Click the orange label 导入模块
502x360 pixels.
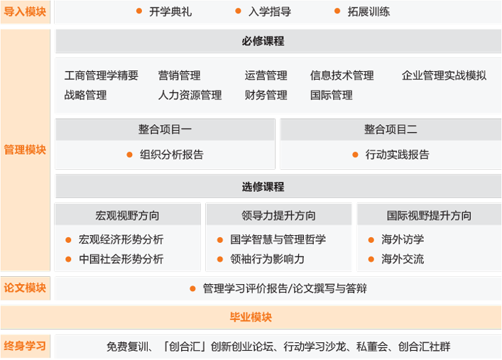click(x=25, y=12)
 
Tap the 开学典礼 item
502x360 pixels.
click(x=170, y=12)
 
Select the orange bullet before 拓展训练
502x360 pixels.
click(x=337, y=11)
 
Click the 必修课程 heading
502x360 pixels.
click(x=263, y=41)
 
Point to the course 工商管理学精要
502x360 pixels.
click(x=101, y=75)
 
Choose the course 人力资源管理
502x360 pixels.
click(x=190, y=95)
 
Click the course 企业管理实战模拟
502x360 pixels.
click(x=444, y=75)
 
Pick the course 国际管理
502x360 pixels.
click(x=332, y=95)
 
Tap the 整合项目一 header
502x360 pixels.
click(x=165, y=129)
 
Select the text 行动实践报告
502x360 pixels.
click(x=398, y=155)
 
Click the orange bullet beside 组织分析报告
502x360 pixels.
click(x=130, y=155)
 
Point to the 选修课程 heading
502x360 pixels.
click(x=263, y=187)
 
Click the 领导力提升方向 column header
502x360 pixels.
click(x=278, y=216)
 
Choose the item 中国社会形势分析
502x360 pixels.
click(x=121, y=259)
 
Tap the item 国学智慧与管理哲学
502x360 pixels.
click(x=278, y=239)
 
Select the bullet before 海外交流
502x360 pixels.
click(x=371, y=259)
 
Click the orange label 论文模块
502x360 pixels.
click(x=25, y=288)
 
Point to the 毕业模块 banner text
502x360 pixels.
click(x=251, y=317)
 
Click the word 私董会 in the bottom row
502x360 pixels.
click(x=372, y=347)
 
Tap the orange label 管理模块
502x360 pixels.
click(x=25, y=150)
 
